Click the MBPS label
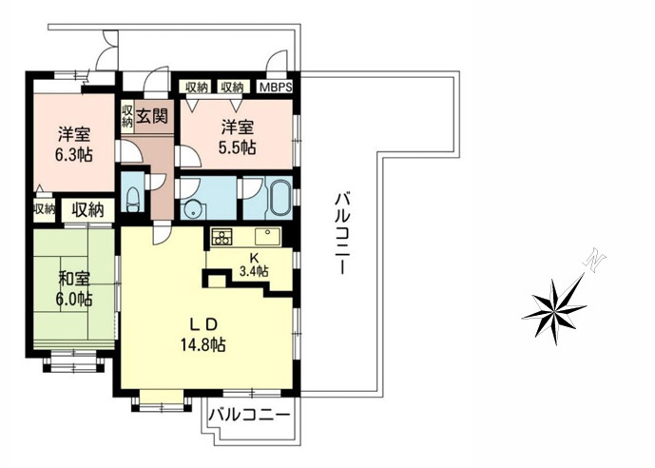275,88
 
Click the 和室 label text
72,280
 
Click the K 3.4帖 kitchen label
253,264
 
